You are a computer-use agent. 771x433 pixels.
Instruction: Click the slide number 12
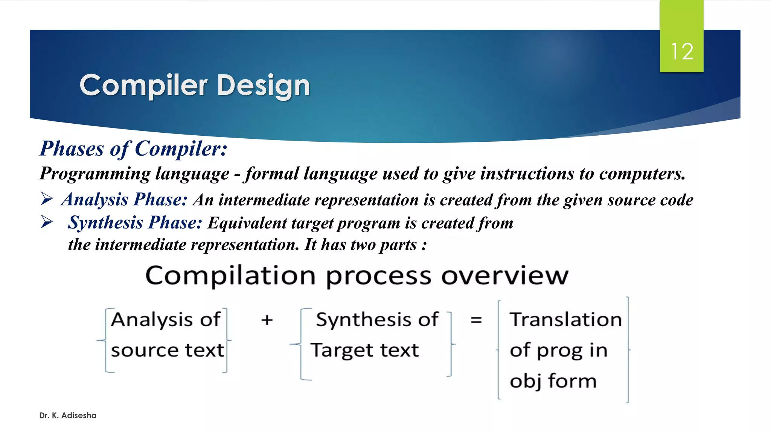click(682, 51)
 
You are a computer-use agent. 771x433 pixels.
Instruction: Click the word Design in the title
click(263, 86)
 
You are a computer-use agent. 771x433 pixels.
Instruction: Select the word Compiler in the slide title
click(143, 86)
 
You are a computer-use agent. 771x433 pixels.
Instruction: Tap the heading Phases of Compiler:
click(134, 148)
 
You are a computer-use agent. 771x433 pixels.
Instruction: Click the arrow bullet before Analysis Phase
click(47, 198)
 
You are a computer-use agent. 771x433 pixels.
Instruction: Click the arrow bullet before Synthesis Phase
click(47, 222)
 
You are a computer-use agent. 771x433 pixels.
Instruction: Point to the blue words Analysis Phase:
click(124, 200)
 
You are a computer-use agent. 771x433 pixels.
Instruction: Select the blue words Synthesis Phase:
click(135, 223)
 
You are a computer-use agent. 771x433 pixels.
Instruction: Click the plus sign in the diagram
click(267, 320)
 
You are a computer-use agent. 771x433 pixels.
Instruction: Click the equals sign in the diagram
click(476, 320)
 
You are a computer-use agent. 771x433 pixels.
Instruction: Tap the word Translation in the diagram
click(565, 320)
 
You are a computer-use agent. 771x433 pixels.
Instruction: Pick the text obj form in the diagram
click(553, 381)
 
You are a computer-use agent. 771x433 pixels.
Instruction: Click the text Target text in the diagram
click(364, 350)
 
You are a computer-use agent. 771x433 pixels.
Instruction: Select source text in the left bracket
click(167, 350)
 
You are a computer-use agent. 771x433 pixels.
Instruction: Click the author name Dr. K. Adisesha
click(68, 415)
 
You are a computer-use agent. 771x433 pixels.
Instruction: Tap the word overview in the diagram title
click(504, 276)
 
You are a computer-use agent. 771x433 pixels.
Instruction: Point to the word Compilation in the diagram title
click(230, 276)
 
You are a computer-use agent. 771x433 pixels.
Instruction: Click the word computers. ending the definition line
click(642, 174)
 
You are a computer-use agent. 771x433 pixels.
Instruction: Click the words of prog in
click(558, 350)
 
